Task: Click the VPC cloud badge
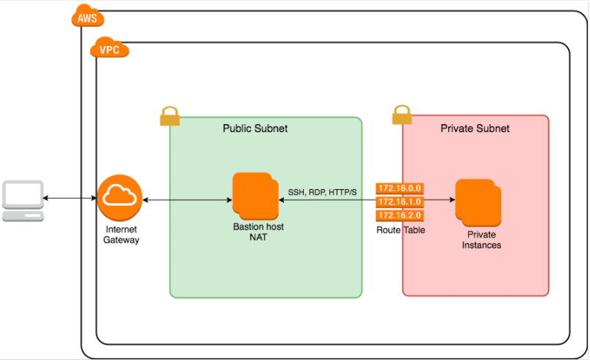(109, 50)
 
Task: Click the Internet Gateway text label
(120, 234)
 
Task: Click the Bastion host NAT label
(258, 232)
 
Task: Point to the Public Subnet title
(255, 129)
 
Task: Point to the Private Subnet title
(475, 129)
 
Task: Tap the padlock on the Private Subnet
(402, 115)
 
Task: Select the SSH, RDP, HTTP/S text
(322, 192)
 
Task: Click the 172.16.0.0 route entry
(399, 188)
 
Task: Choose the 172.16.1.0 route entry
(399, 202)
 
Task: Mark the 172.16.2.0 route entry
(399, 215)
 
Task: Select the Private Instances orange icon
(479, 202)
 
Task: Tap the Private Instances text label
(481, 240)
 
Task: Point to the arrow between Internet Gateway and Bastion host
(188, 199)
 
